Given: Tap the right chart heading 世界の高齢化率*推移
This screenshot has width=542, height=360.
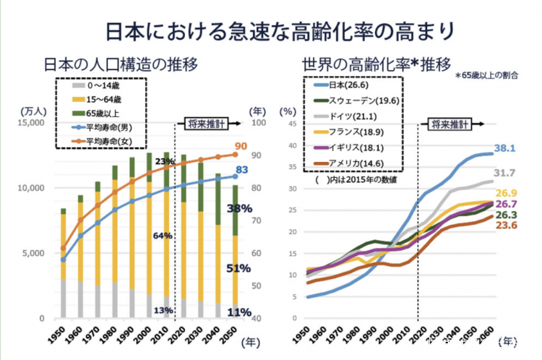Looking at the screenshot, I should [377, 63].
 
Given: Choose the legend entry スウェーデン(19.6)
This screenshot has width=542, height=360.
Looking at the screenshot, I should [358, 99].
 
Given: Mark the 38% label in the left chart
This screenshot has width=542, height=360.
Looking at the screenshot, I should [239, 209].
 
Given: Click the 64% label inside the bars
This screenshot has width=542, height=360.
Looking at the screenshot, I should [162, 236].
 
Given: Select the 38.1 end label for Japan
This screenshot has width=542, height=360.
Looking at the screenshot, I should [504, 148].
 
